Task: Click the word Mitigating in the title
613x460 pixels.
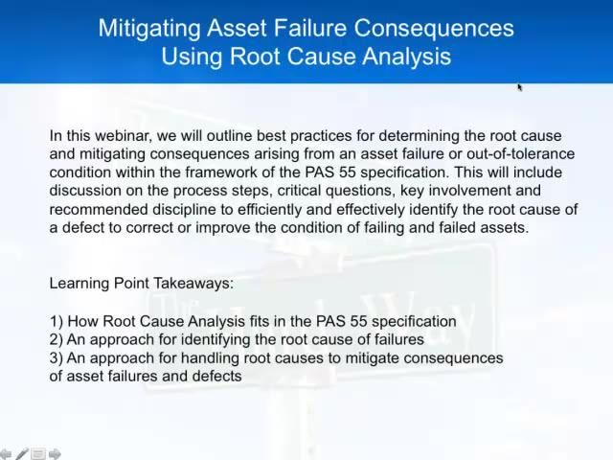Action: click(149, 28)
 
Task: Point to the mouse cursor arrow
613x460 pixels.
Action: click(520, 87)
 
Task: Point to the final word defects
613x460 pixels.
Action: click(216, 376)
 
